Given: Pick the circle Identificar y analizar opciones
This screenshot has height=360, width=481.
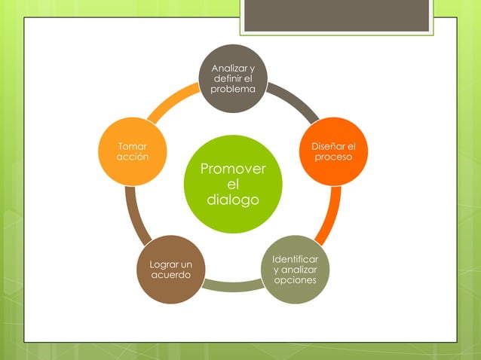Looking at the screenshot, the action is click(295, 269).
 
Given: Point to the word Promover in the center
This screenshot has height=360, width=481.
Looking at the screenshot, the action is click(233, 169).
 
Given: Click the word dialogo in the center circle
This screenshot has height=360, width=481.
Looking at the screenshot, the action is click(233, 200).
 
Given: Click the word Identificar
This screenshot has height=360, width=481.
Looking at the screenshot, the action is click(295, 259).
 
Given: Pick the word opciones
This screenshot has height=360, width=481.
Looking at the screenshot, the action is click(295, 279).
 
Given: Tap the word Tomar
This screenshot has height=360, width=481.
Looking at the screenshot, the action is click(133, 146).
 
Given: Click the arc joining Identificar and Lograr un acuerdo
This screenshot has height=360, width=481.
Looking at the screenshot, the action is click(232, 286).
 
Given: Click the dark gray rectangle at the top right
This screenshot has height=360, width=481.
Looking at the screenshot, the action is click(336, 15).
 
